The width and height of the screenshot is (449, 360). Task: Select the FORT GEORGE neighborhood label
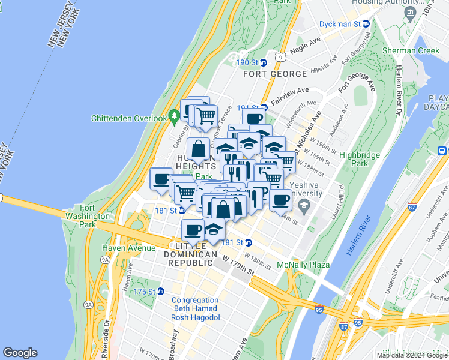click(x=275, y=74)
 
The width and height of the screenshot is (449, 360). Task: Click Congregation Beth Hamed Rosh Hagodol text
click(x=196, y=309)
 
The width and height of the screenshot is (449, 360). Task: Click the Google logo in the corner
click(x=20, y=353)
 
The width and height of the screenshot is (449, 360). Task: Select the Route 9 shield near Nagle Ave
click(x=279, y=57)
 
